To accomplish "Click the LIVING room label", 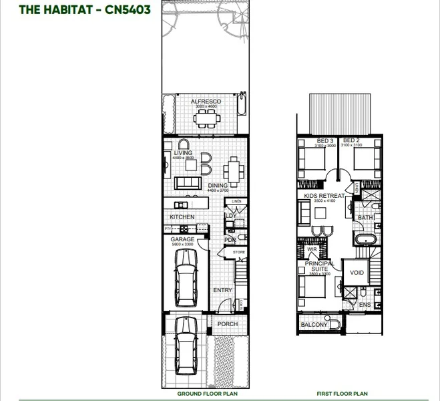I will pyautogui.click(x=183, y=153).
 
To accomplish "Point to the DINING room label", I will pyautogui.click(x=217, y=186).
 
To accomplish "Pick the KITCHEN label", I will pyautogui.click(x=182, y=217).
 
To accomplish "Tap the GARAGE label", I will pyautogui.click(x=182, y=239).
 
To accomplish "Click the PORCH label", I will pyautogui.click(x=228, y=324).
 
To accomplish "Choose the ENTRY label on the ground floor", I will pyautogui.click(x=222, y=290).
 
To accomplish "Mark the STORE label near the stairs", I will pyautogui.click(x=239, y=252).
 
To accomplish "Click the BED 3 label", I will pyautogui.click(x=326, y=140).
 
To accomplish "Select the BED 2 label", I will pyautogui.click(x=351, y=140).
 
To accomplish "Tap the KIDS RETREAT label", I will pyautogui.click(x=324, y=196).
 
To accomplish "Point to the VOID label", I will pyautogui.click(x=357, y=273).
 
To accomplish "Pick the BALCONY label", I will pyautogui.click(x=314, y=325).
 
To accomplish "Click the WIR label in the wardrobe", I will pyautogui.click(x=312, y=249).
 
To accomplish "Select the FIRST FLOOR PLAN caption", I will pyautogui.click(x=342, y=394).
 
